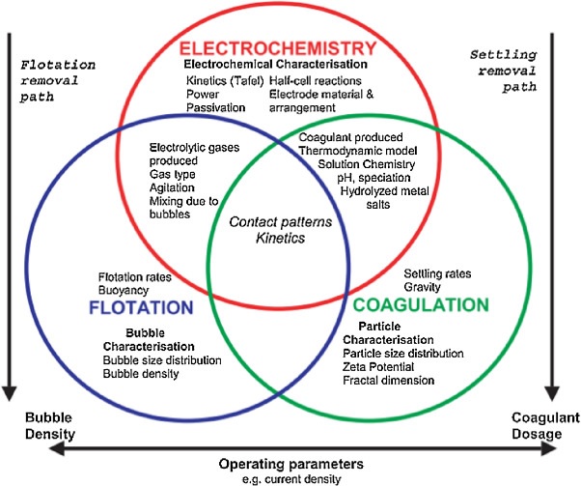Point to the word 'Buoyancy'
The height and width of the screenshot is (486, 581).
click(122, 289)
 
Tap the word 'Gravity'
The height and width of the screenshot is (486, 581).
click(424, 287)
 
